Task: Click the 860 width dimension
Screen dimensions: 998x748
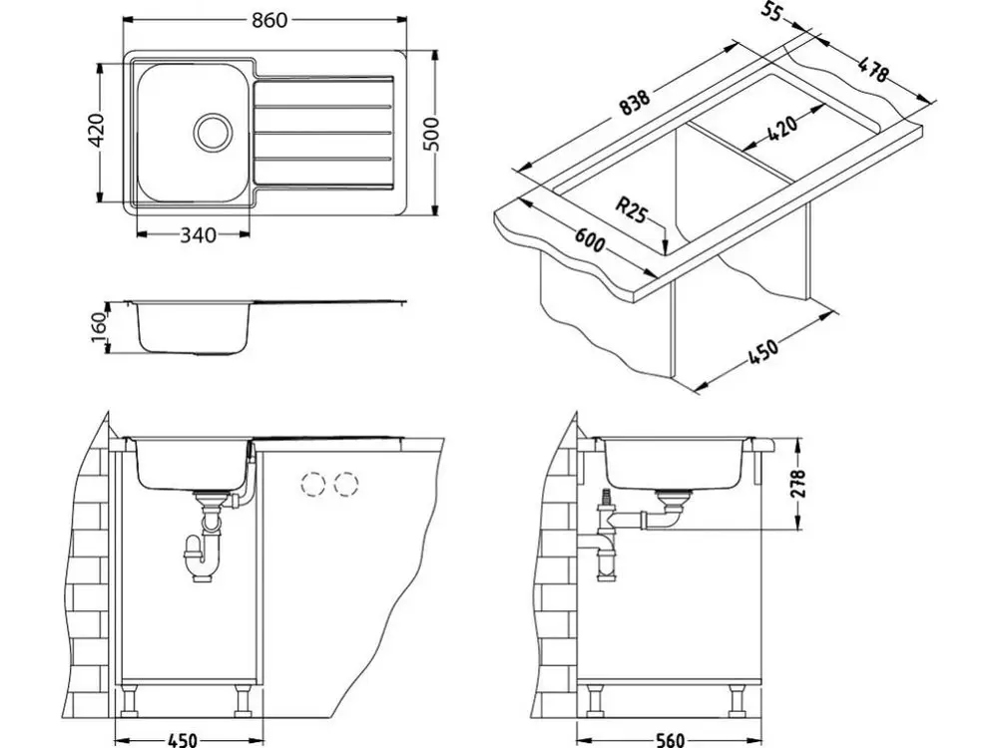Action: [x=269, y=20]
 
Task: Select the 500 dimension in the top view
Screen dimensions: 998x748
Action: [x=431, y=135]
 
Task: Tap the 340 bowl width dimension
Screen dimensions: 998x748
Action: [x=199, y=235]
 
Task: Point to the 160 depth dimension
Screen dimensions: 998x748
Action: [x=98, y=327]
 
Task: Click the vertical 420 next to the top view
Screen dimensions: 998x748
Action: [x=96, y=131]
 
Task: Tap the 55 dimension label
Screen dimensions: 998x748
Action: [x=771, y=11]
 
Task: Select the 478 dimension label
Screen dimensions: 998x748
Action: [x=872, y=70]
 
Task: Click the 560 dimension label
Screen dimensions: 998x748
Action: [x=669, y=740]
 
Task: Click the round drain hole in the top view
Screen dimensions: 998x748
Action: [x=212, y=132]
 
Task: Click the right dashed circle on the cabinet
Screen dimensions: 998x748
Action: [x=346, y=485]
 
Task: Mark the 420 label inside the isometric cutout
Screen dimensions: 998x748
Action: [x=782, y=128]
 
